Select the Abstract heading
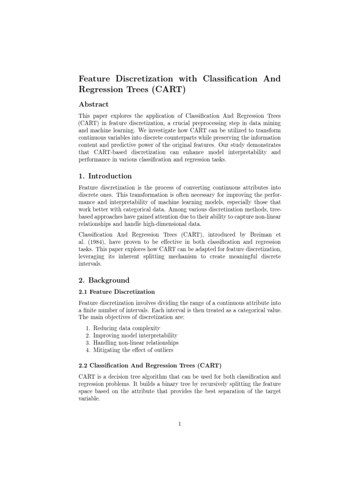[94, 104]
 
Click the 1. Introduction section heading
[105, 176]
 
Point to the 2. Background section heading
[104, 280]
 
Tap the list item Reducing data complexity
[126, 328]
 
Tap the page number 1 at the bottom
[180, 424]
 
